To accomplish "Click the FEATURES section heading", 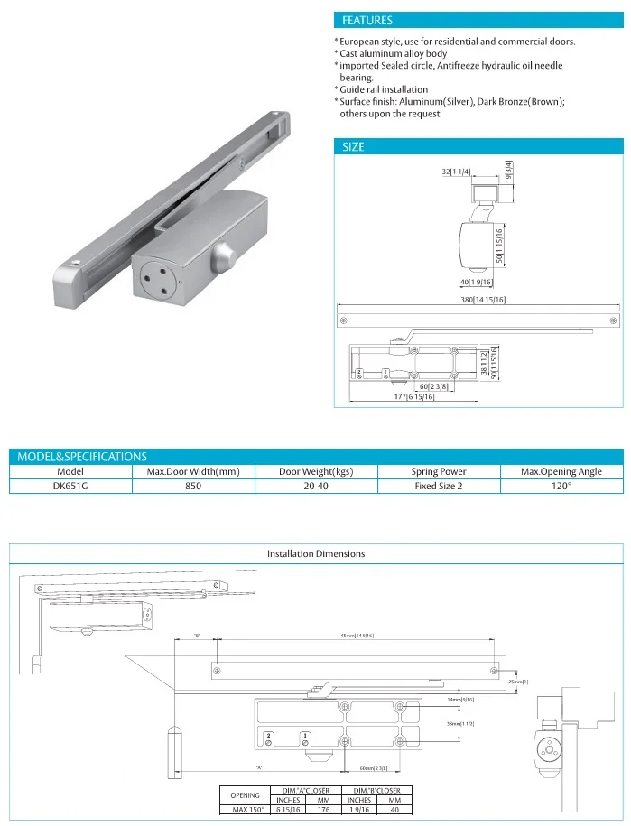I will (x=367, y=20).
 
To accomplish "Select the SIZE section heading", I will (x=353, y=146).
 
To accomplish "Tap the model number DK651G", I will (x=70, y=486).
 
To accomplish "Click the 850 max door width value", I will (x=193, y=486).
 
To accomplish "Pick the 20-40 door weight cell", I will (x=315, y=486).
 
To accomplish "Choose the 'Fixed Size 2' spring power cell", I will (x=438, y=486).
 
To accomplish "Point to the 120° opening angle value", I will (x=561, y=486).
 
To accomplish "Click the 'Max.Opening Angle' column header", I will (x=561, y=471).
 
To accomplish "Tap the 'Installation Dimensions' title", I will (x=316, y=553).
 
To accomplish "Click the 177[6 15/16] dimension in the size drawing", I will (x=415, y=397).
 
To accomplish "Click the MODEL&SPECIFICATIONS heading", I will (x=82, y=457).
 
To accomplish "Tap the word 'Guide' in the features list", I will (x=353, y=90).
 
